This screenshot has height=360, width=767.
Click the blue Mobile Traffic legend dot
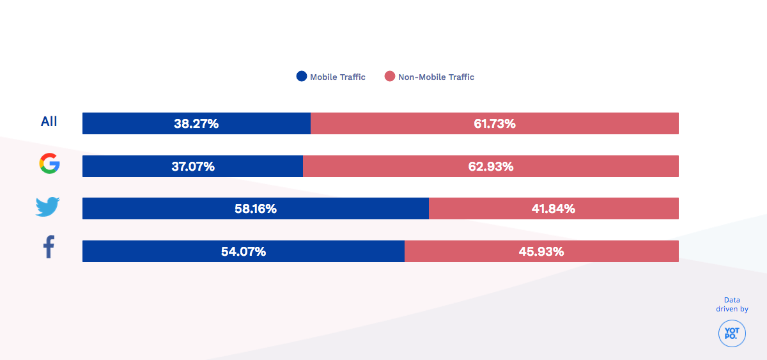pyautogui.click(x=302, y=77)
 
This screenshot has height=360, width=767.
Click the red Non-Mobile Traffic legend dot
pyautogui.click(x=390, y=77)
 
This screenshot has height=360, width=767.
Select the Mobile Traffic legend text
pyautogui.click(x=337, y=77)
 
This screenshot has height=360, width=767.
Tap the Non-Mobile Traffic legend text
pyautogui.click(x=436, y=77)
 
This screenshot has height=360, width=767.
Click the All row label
pyautogui.click(x=49, y=121)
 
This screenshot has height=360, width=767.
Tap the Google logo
pyautogui.click(x=49, y=164)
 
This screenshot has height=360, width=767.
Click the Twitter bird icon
pyautogui.click(x=48, y=207)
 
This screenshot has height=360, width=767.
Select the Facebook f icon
pyautogui.click(x=49, y=247)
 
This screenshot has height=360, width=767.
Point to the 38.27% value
pyautogui.click(x=196, y=124)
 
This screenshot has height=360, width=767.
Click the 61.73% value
pyautogui.click(x=495, y=124)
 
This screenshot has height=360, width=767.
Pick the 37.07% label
pyautogui.click(x=192, y=167)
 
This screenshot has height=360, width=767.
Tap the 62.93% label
pyautogui.click(x=491, y=167)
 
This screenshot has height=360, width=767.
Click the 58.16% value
pyautogui.click(x=256, y=209)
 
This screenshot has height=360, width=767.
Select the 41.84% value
pyautogui.click(x=554, y=209)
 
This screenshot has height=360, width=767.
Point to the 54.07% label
pyautogui.click(x=244, y=252)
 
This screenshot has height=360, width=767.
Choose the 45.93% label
pyautogui.click(x=541, y=252)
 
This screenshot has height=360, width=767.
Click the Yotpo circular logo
pyautogui.click(x=732, y=334)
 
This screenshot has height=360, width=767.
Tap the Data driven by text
pyautogui.click(x=732, y=304)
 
